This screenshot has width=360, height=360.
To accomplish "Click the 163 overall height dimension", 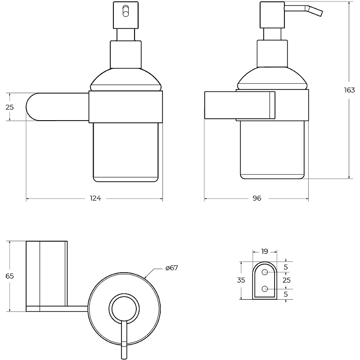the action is click(x=350, y=90).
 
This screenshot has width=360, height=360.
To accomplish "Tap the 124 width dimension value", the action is click(x=95, y=198).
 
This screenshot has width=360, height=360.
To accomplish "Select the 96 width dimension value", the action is click(x=257, y=198).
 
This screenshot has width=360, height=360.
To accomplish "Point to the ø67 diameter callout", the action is click(x=172, y=268).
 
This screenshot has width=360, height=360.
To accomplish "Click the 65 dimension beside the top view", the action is click(x=9, y=276).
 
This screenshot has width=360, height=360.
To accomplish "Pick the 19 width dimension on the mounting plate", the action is click(x=265, y=252).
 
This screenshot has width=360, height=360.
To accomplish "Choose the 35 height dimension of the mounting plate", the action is click(x=241, y=280).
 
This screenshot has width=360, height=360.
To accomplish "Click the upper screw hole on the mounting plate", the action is click(x=265, y=272).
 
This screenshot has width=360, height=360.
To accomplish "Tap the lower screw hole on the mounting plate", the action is click(x=265, y=289).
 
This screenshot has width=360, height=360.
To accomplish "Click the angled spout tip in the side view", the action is click(x=321, y=13).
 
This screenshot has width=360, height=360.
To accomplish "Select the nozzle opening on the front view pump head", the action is click(x=126, y=11).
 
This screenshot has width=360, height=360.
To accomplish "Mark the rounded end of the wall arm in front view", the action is click(x=31, y=107).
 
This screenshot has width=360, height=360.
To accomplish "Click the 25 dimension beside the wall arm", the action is click(x=9, y=107).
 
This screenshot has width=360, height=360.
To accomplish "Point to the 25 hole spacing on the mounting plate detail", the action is click(x=287, y=280).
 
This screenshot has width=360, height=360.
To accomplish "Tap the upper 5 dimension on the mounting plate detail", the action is click(x=286, y=267).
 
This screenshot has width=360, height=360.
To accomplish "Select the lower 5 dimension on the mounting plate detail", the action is click(x=286, y=294).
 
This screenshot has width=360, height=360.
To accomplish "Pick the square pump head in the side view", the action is click(x=272, y=15).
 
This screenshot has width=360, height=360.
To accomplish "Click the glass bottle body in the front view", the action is click(x=126, y=152).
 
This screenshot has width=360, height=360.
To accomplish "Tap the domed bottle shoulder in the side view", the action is click(x=272, y=78).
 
